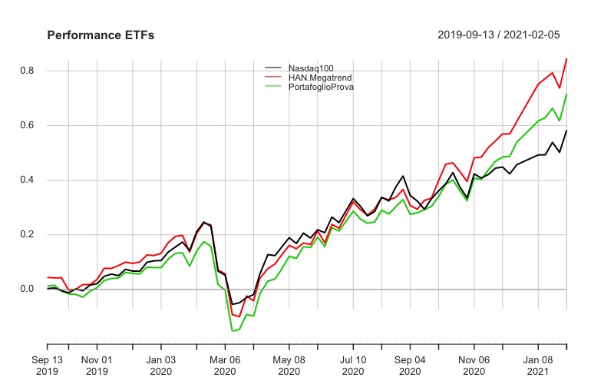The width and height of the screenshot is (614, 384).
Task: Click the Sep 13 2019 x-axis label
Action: click(x=48, y=365)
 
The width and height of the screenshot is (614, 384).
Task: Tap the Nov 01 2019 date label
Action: click(x=97, y=365)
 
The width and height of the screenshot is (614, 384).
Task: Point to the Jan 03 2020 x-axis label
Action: click(x=161, y=365)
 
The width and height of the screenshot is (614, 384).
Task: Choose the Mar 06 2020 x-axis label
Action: click(x=225, y=365)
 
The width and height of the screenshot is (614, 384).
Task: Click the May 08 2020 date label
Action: click(x=289, y=365)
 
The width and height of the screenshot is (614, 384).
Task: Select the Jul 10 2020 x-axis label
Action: click(x=353, y=365)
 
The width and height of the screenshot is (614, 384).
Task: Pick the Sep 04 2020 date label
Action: click(x=410, y=365)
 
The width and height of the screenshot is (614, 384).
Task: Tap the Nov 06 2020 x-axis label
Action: click(x=474, y=365)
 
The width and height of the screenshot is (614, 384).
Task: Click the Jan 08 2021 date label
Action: click(x=538, y=365)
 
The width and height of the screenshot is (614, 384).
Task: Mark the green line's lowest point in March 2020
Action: click(x=232, y=331)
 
